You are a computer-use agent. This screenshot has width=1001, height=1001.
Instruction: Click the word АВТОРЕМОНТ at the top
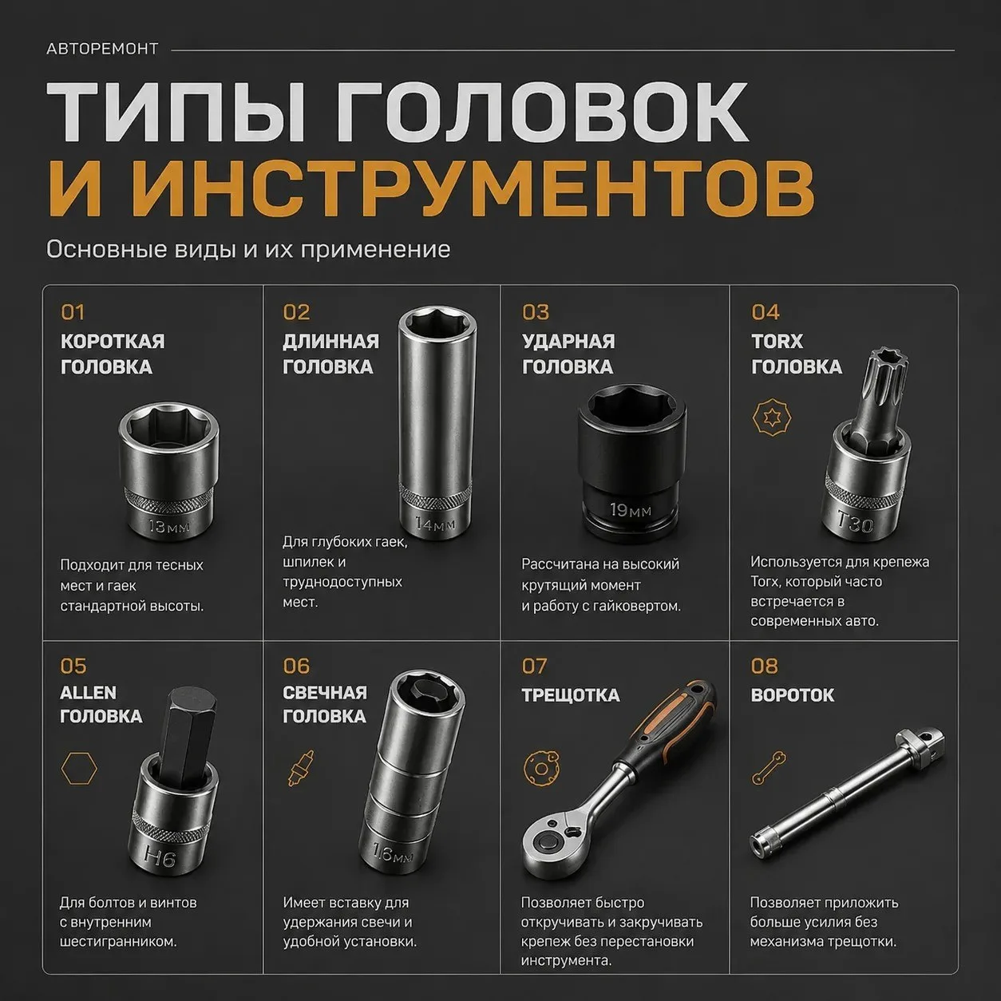102,49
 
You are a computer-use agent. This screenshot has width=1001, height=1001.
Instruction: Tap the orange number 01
72,312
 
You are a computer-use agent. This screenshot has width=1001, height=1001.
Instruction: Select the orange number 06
296,666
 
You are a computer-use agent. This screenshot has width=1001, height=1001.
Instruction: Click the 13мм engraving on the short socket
168,527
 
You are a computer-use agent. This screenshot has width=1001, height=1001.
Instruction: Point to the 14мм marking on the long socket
436,524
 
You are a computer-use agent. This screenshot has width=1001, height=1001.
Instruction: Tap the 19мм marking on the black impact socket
630,511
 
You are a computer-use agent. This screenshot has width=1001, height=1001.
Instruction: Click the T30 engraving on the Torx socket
854,521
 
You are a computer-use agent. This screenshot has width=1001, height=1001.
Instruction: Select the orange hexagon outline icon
79,768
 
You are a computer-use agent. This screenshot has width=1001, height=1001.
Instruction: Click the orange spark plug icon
301,767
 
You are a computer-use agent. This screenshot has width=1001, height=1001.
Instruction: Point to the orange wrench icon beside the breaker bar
769,767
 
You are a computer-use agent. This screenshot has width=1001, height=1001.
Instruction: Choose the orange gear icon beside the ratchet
540,768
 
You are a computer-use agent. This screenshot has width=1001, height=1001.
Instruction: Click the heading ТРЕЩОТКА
571,695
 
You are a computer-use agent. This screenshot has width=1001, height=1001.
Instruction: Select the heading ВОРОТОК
792,695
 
